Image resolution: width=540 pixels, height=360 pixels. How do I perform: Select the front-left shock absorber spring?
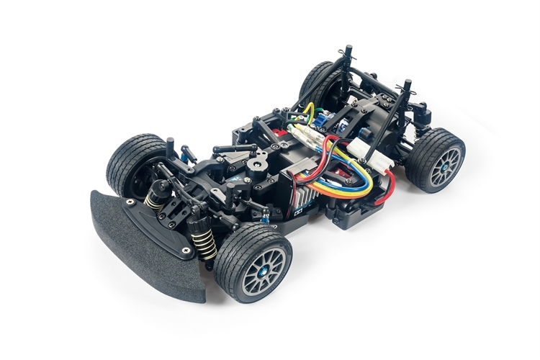click(x=156, y=199)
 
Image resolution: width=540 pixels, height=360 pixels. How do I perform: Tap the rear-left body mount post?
click(x=348, y=58)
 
